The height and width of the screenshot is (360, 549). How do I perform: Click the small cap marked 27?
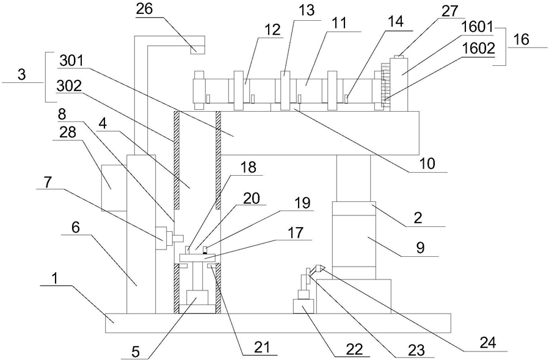[x=398, y=57]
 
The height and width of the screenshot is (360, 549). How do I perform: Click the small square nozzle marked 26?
[x=197, y=50]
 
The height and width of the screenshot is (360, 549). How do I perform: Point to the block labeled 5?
[x=198, y=304]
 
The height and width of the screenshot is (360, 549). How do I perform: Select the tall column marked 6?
[x=140, y=244]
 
